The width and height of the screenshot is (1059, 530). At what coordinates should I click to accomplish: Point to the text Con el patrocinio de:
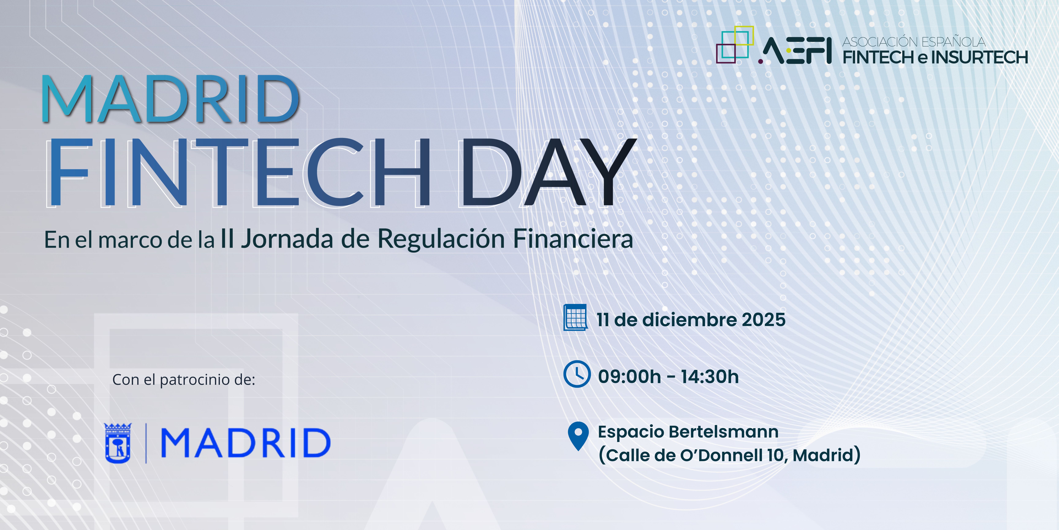(x=184, y=379)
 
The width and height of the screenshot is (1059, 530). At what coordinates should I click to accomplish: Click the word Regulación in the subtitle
(x=441, y=239)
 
